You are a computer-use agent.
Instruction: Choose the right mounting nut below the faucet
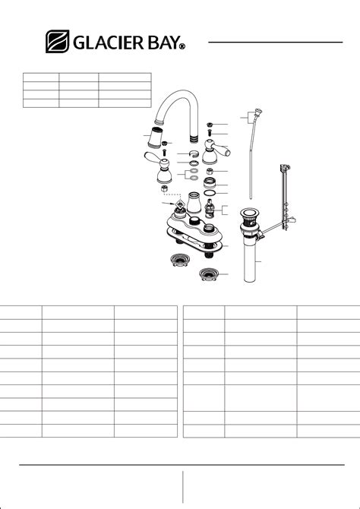point(209,274)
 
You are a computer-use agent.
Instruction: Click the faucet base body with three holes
point(194,225)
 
